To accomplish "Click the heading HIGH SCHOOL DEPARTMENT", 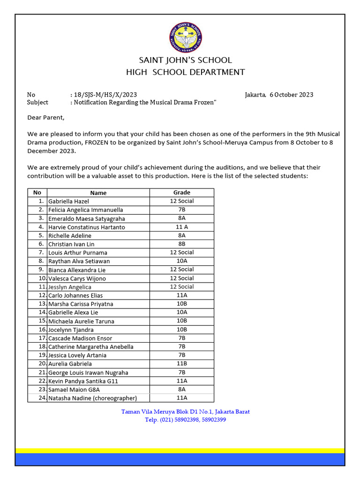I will tap(186, 72).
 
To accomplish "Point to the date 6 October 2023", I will tap(291, 95).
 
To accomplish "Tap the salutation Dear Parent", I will tap(46, 117).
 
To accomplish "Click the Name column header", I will tap(98, 193).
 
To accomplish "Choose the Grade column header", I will tap(182, 193).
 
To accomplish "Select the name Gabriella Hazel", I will tap(68, 201).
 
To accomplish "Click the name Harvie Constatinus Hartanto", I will tap(87, 227).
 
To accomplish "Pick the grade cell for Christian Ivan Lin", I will tap(182, 244).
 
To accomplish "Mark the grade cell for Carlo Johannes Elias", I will tap(182, 295).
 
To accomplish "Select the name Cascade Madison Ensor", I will tap(80, 338).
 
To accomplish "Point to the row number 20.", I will tap(42, 364).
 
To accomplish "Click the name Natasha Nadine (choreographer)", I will tap(92, 398).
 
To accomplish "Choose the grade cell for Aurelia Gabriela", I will tap(182, 364).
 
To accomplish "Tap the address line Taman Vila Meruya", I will tap(186, 412).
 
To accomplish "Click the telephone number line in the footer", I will tap(186, 420).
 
